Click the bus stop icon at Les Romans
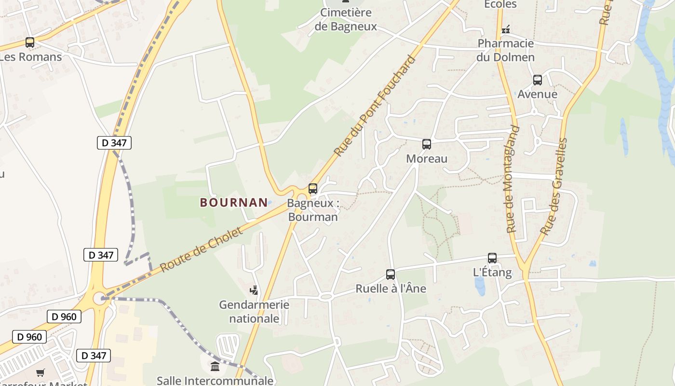click(x=30, y=42)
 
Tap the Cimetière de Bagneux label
click(x=346, y=20)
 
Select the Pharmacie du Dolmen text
click(x=505, y=50)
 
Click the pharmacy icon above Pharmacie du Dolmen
click(x=505, y=30)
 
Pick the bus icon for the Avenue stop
click(x=538, y=80)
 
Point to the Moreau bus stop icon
click(x=427, y=144)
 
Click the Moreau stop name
click(x=427, y=159)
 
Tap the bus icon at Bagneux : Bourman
click(x=313, y=189)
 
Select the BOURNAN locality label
click(x=234, y=203)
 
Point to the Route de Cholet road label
click(x=202, y=249)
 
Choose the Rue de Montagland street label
click(x=513, y=179)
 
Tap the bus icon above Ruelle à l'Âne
click(x=391, y=275)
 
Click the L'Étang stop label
click(x=492, y=272)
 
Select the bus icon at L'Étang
click(x=492, y=258)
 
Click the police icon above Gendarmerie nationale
click(x=254, y=290)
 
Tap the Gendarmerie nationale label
click(x=254, y=312)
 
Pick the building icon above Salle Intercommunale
click(x=215, y=367)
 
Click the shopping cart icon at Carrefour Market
click(x=40, y=372)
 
